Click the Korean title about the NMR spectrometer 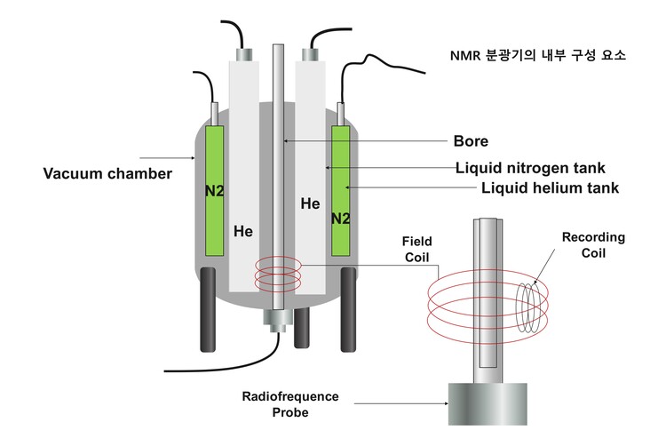537,55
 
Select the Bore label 471,140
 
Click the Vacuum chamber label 107,173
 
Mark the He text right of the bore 310,203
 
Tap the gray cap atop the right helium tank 312,54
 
